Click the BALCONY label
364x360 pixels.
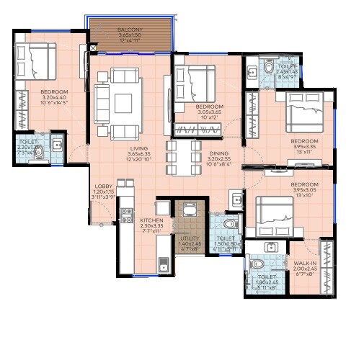(130, 30)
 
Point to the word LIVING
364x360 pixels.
(129, 148)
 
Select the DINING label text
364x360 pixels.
(219, 153)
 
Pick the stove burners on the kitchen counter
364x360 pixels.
(126, 215)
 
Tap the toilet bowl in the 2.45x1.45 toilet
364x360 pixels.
(269, 68)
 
